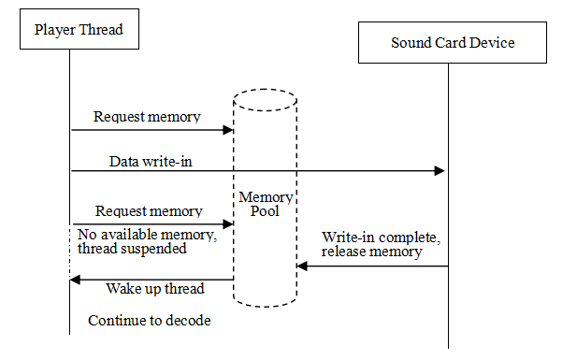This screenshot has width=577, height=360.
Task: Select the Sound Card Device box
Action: (453, 43)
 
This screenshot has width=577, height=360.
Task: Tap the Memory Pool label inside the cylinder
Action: (266, 204)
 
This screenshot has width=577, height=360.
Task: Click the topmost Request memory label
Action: (147, 117)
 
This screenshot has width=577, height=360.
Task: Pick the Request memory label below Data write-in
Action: (149, 211)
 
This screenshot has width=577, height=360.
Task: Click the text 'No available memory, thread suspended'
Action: (147, 241)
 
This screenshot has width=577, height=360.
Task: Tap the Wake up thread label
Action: (155, 288)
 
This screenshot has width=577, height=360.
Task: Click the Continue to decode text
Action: (150, 321)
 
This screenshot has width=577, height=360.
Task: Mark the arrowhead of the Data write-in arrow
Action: (440, 171)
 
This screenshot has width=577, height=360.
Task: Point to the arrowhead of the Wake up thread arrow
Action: (76, 279)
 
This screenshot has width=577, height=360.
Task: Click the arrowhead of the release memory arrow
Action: (302, 266)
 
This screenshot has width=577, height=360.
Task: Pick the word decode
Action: (190, 321)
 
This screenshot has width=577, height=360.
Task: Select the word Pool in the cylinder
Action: (266, 211)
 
